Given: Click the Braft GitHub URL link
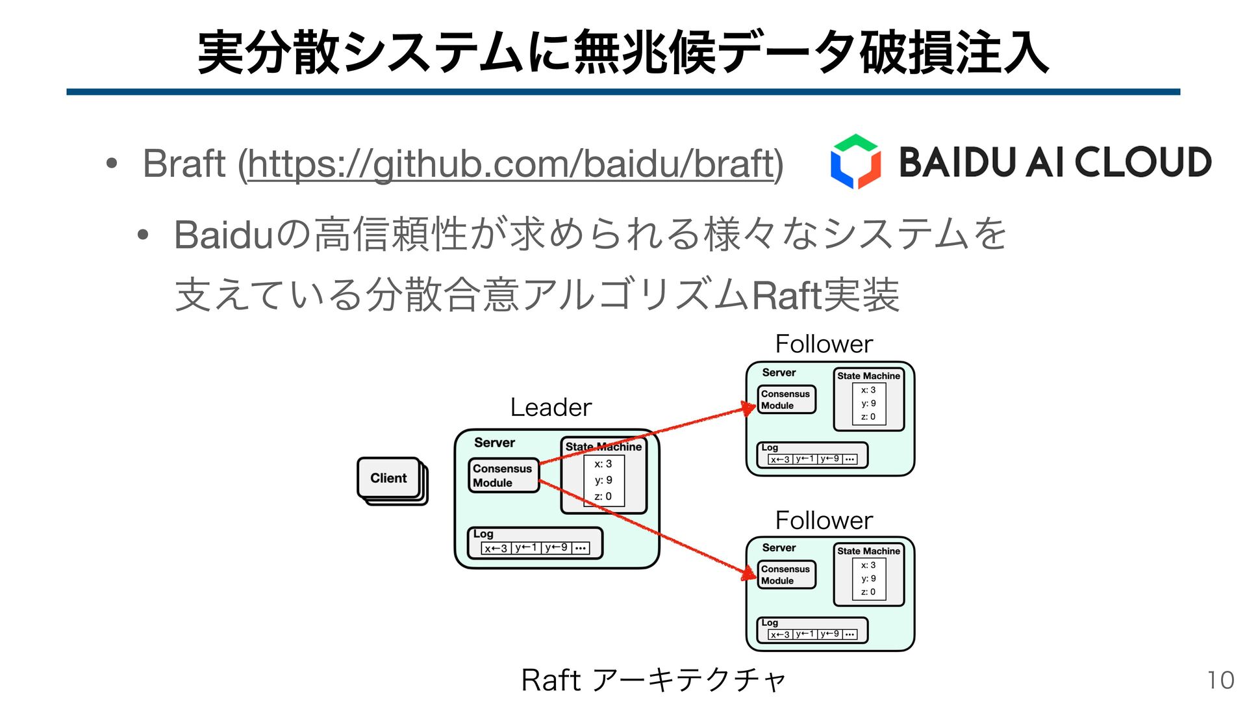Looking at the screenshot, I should (510, 164).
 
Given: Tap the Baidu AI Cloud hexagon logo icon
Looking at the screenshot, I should (855, 162).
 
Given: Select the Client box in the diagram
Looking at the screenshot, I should (388, 478).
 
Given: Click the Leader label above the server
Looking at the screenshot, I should (551, 408).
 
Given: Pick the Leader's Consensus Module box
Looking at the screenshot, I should (503, 476).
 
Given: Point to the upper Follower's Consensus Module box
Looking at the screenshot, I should (785, 400).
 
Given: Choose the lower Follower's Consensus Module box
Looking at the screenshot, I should (785, 575).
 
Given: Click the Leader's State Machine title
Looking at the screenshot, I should (603, 447).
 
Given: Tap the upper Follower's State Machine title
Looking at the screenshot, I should (868, 376).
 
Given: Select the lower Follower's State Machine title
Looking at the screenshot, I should (868, 551).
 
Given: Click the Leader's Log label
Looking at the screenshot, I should (483, 534).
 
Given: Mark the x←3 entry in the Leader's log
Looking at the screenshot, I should (496, 549).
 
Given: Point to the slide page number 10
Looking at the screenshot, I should (1220, 681).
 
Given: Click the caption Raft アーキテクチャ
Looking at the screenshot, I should (653, 681).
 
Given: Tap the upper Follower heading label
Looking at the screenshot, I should (824, 344).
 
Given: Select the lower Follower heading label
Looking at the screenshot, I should (824, 521).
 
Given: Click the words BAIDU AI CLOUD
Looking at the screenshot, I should (1055, 162).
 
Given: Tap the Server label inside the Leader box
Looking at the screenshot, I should (494, 443).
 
